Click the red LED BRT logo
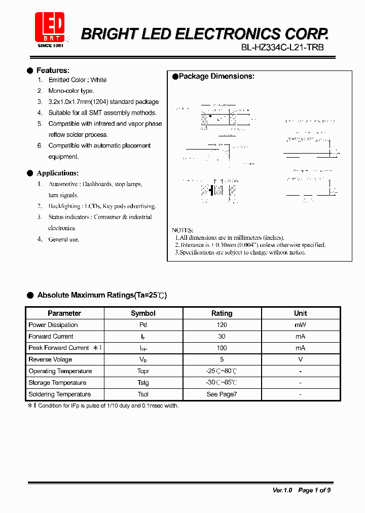[50, 28]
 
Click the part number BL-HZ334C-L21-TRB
[282, 47]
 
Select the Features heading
[53, 70]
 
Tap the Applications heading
[57, 173]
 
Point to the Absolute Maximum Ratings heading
[102, 295]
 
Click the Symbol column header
[143, 313]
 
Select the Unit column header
[300, 313]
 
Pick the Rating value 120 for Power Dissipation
[222, 325]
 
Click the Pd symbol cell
[143, 325]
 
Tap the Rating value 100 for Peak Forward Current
[222, 348]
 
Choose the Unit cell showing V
[300, 359]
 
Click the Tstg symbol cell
[143, 383]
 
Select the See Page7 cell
[222, 394]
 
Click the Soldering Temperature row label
[60, 394]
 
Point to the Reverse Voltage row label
[50, 359]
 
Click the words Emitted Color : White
[78, 80]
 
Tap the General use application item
[64, 239]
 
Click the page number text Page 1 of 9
[314, 490]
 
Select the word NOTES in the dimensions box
[182, 230]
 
